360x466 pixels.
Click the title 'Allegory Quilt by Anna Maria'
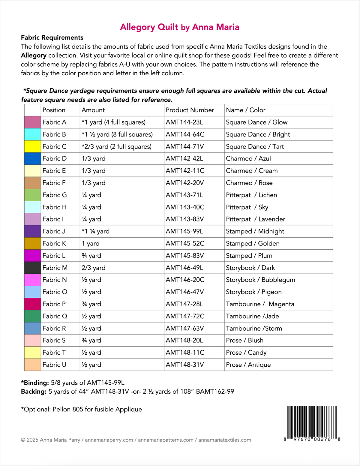click(179, 27)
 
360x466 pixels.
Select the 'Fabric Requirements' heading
click(52, 38)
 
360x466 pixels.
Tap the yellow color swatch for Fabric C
click(32, 146)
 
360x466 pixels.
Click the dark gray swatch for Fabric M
click(32, 268)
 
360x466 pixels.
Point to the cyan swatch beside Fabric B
click(32, 134)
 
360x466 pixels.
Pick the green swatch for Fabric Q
click(32, 316)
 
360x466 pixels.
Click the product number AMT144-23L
click(184, 122)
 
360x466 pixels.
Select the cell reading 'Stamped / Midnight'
click(255, 231)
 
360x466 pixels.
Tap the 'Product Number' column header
click(190, 110)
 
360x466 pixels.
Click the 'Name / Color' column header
click(246, 110)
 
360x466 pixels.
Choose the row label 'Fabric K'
click(54, 243)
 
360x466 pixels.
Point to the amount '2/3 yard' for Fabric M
click(94, 268)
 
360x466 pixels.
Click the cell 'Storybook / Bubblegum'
click(260, 280)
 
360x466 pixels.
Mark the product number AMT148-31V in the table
click(185, 365)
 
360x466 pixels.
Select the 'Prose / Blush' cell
click(244, 340)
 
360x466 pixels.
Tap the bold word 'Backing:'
click(34, 391)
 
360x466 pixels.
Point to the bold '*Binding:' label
click(35, 383)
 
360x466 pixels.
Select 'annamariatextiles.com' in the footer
click(225, 440)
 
